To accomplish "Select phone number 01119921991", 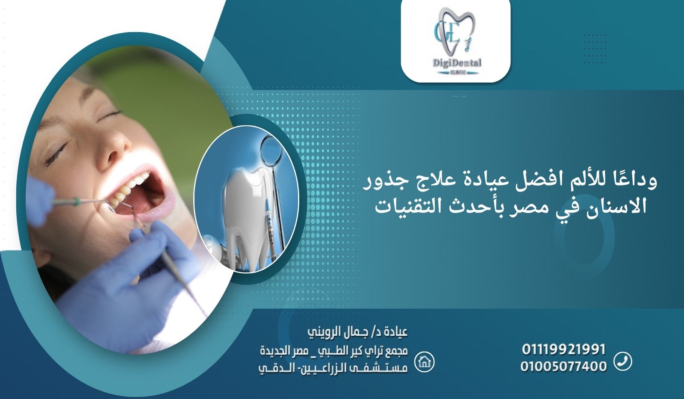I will coord(563,349).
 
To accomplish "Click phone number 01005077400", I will coord(563,366).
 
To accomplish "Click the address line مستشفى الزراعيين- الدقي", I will coord(333,368).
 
